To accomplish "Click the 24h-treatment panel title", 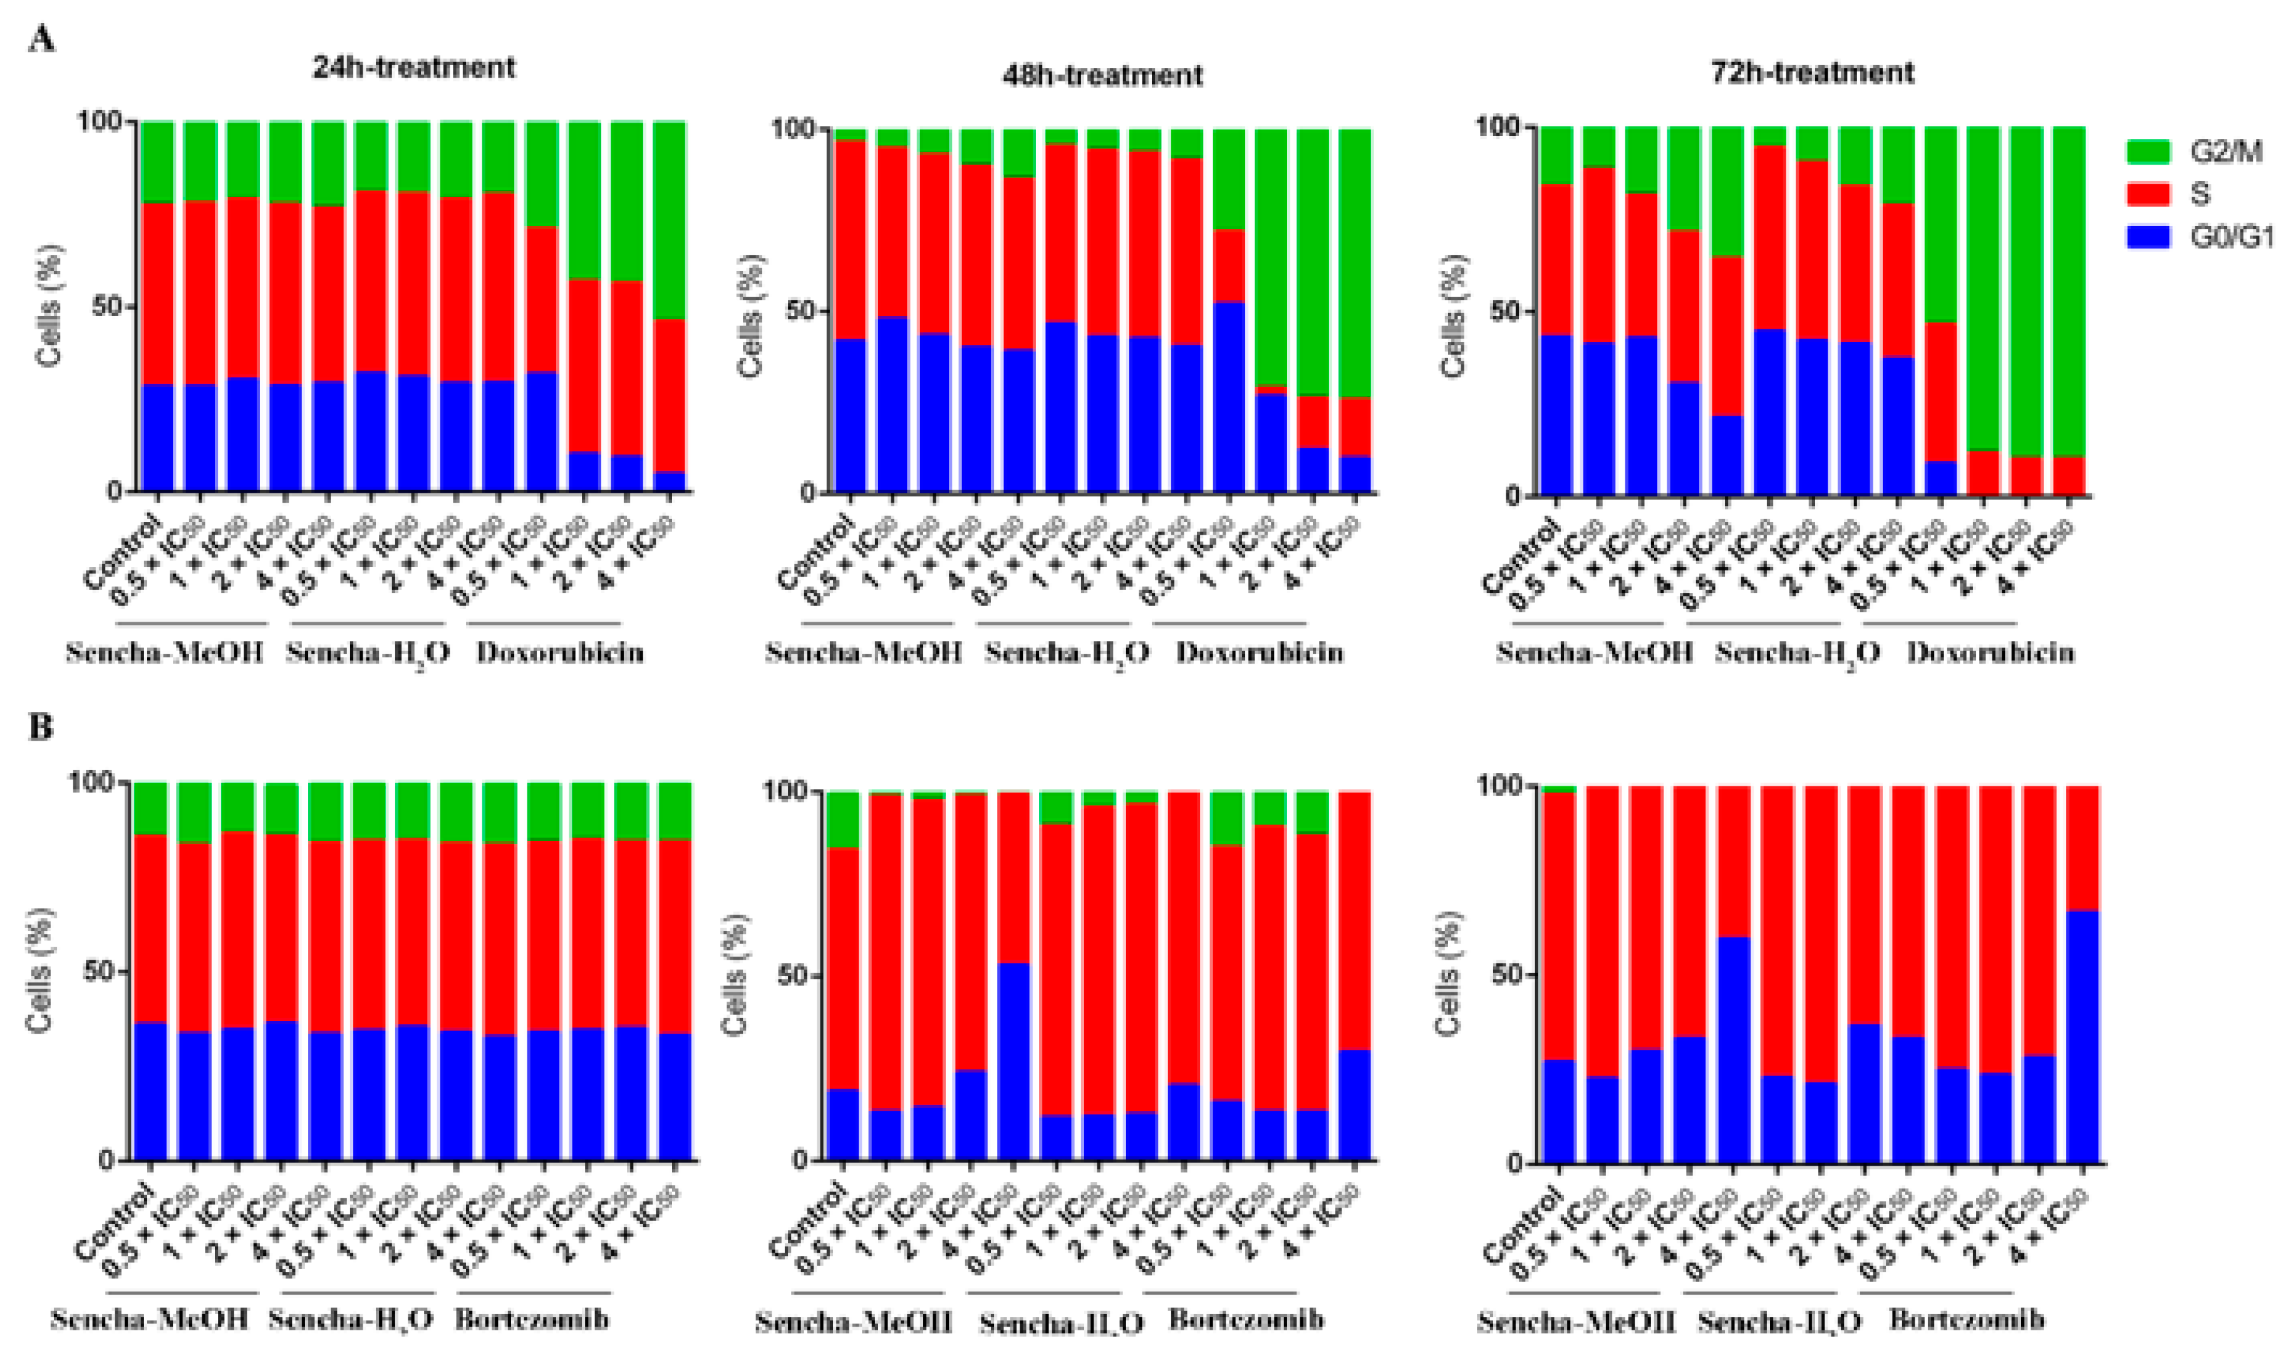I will tap(414, 68).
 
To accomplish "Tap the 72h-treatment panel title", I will tap(1813, 72).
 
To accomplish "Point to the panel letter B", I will tap(41, 727).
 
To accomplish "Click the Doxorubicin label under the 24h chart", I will tap(561, 653).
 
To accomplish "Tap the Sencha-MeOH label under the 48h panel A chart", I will tap(864, 653).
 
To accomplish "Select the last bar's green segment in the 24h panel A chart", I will tap(670, 218).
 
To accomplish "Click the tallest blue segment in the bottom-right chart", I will tap(2083, 1037).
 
